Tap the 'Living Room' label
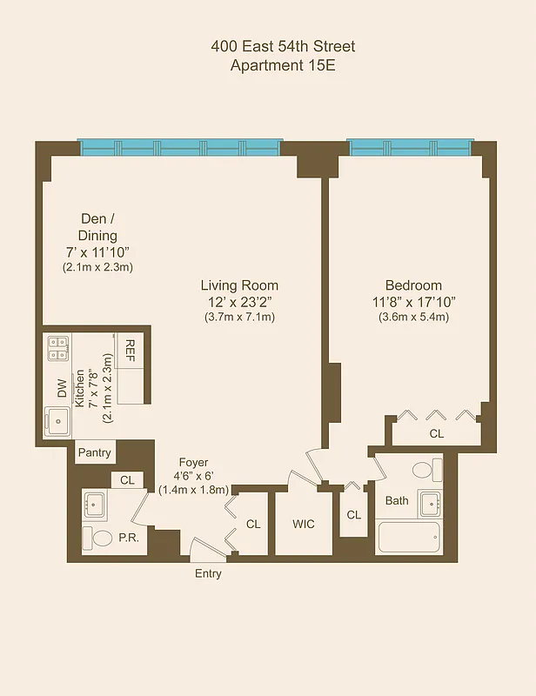pyautogui.click(x=239, y=285)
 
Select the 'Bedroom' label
pyautogui.click(x=413, y=285)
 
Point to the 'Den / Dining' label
pyautogui.click(x=97, y=227)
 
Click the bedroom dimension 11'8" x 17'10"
pyautogui.click(x=413, y=302)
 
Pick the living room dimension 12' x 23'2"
pyautogui.click(x=239, y=302)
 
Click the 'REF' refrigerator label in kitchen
pyautogui.click(x=131, y=350)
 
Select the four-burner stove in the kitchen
pyautogui.click(x=59, y=349)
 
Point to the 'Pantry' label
pyautogui.click(x=94, y=452)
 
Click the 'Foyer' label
pyautogui.click(x=193, y=463)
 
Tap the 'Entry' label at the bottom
pyautogui.click(x=208, y=573)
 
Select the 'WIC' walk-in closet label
pyautogui.click(x=304, y=524)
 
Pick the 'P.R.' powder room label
pyautogui.click(x=129, y=539)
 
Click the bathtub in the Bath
pyautogui.click(x=409, y=539)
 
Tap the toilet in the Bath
pyautogui.click(x=424, y=471)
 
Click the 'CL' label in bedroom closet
pyautogui.click(x=436, y=432)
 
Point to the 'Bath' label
pyautogui.click(x=397, y=500)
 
